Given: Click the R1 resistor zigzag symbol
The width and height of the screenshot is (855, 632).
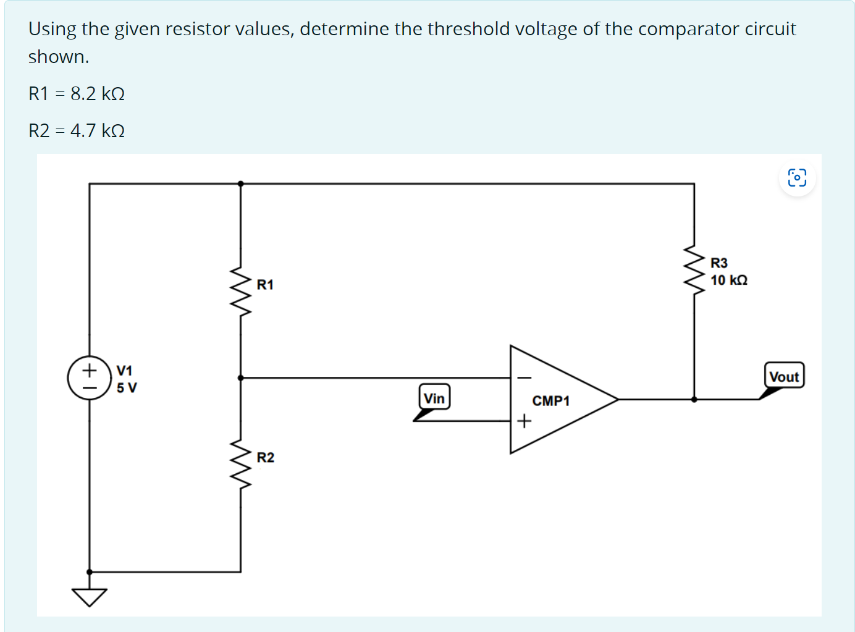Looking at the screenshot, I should (241, 291).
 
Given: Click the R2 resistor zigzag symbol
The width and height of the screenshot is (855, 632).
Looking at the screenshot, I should (241, 464).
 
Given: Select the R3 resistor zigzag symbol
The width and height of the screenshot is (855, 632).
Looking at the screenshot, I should (694, 270).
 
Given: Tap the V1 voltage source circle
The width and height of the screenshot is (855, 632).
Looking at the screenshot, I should (90, 377).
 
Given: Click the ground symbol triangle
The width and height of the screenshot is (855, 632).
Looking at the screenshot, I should (90, 597).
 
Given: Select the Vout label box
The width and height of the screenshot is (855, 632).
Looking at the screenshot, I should (784, 376).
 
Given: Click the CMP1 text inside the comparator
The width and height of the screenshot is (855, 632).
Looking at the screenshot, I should (550, 401).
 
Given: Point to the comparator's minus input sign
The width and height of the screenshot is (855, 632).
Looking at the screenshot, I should (524, 377).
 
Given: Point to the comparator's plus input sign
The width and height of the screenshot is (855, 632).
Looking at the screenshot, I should (524, 421).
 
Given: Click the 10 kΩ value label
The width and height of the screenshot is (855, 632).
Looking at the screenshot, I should (728, 280).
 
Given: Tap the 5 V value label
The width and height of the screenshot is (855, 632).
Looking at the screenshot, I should (127, 388).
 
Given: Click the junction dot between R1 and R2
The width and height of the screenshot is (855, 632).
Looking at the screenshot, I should (241, 377).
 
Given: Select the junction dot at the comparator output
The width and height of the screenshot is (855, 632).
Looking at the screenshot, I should (694, 399).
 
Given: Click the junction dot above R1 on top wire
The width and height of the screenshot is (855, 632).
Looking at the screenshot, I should (241, 183).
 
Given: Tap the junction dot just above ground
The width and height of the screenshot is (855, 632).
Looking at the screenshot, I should (90, 572).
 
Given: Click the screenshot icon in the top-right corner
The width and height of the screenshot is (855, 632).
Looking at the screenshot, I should (797, 178).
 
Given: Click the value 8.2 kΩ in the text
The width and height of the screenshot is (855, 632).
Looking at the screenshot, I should (98, 94).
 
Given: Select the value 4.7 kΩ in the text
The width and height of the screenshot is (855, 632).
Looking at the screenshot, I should (98, 131).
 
